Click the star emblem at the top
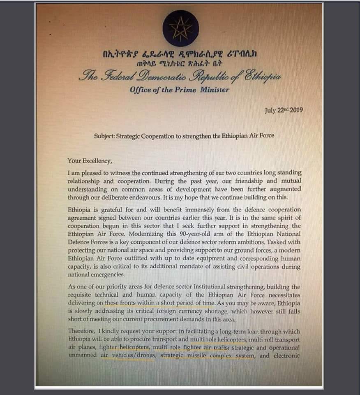coord(180,28)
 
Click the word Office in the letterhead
coord(142,90)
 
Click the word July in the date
coord(270,111)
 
